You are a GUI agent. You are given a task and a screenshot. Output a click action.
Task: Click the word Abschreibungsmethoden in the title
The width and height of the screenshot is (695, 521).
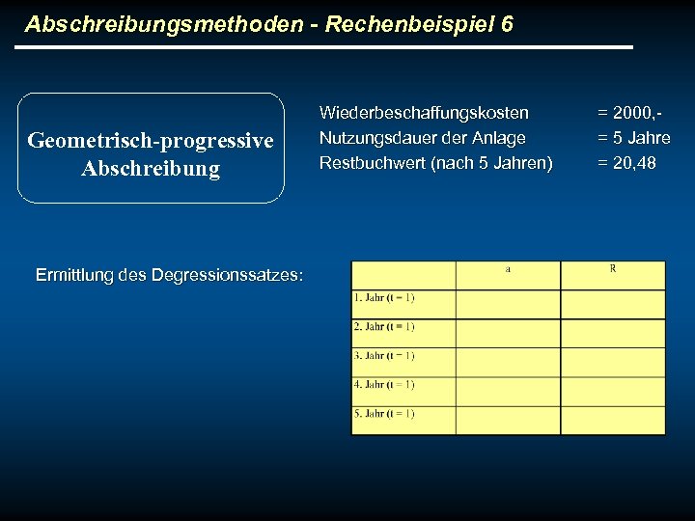(164, 24)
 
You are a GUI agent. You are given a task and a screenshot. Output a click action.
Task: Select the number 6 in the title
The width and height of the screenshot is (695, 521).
(508, 24)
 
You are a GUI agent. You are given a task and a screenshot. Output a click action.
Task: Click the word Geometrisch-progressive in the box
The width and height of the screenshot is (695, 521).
(151, 141)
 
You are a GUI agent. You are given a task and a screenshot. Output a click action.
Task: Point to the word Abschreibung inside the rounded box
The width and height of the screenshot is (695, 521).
(151, 169)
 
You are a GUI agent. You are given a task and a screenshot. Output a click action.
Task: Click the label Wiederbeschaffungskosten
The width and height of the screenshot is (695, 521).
(424, 113)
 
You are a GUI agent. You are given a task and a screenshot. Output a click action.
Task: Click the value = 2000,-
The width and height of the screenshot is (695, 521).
(634, 113)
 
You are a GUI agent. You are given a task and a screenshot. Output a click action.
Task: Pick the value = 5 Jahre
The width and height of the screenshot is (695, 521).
(634, 138)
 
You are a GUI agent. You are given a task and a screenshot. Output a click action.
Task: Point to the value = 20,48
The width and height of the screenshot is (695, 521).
(627, 163)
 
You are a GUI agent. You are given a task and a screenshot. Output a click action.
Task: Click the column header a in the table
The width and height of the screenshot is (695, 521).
(508, 269)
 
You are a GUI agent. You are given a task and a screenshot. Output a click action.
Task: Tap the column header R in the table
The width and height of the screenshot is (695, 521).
(613, 268)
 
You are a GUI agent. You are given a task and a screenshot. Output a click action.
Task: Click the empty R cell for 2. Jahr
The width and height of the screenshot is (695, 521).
(613, 333)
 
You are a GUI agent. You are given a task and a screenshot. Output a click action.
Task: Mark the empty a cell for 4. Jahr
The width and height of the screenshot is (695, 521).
(508, 391)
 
